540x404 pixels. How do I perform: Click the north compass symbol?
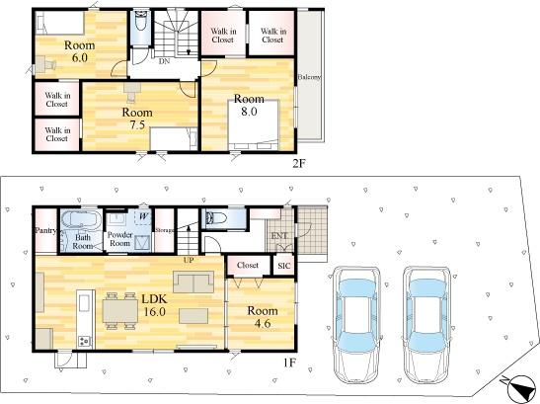pyautogui.click(x=520, y=389)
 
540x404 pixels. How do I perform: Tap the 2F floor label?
pyautogui.click(x=298, y=163)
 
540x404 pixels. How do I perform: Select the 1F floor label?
pyautogui.click(x=289, y=363)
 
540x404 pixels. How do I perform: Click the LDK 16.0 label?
pyautogui.click(x=154, y=305)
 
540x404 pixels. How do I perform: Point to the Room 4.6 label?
pyautogui.click(x=263, y=317)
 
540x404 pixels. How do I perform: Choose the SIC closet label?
pyautogui.click(x=284, y=266)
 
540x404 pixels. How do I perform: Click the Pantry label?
pyautogui.click(x=45, y=230)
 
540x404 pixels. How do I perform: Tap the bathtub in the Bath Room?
pyautogui.click(x=81, y=219)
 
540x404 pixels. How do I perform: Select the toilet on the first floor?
pyautogui.click(x=215, y=218)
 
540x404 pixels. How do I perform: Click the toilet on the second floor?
pyautogui.click(x=140, y=21)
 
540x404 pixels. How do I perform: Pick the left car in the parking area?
pyautogui.click(x=356, y=325)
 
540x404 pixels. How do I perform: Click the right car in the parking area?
pyautogui.click(x=427, y=325)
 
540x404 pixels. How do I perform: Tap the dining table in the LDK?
pyautogui.click(x=120, y=311)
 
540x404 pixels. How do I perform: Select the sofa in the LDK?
pyautogui.click(x=193, y=282)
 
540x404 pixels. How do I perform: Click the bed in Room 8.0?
pyautogui.click(x=253, y=124)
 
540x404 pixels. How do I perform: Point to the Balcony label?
pyautogui.click(x=309, y=77)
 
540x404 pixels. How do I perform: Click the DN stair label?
pyautogui.click(x=164, y=61)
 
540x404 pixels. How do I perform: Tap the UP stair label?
pyautogui.click(x=189, y=260)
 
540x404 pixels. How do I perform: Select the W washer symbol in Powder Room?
pyautogui.click(x=144, y=216)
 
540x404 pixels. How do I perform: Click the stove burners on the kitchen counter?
pyautogui.click(x=84, y=341)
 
